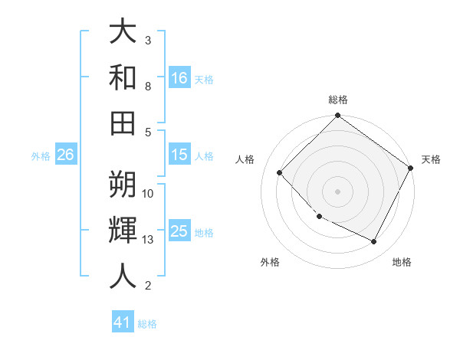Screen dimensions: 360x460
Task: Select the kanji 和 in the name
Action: click(x=123, y=77)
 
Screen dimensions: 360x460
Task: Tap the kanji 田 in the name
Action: click(x=123, y=123)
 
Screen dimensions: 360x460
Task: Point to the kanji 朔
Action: click(x=123, y=184)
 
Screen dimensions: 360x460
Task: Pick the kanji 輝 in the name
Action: click(x=123, y=230)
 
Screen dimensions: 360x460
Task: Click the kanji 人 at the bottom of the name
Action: click(x=123, y=276)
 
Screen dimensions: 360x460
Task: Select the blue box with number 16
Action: click(x=179, y=77)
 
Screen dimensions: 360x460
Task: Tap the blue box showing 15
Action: click(x=179, y=155)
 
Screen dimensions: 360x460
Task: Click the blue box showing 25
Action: click(x=179, y=231)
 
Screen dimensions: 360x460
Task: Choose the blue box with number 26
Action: click(x=65, y=155)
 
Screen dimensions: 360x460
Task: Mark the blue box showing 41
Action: click(x=123, y=322)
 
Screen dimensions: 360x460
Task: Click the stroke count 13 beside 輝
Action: click(x=148, y=240)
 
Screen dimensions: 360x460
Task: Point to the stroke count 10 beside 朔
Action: click(x=148, y=194)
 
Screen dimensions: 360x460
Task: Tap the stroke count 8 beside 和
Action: click(x=148, y=86)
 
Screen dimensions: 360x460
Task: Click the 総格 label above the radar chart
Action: click(x=337, y=100)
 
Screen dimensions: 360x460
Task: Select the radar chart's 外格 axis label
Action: click(x=270, y=262)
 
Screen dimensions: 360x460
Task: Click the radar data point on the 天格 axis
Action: click(x=410, y=168)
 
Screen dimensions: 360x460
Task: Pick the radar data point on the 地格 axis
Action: click(x=374, y=242)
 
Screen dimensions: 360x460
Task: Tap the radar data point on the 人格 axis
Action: click(x=280, y=172)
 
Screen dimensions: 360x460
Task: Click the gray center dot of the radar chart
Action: click(x=337, y=191)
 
